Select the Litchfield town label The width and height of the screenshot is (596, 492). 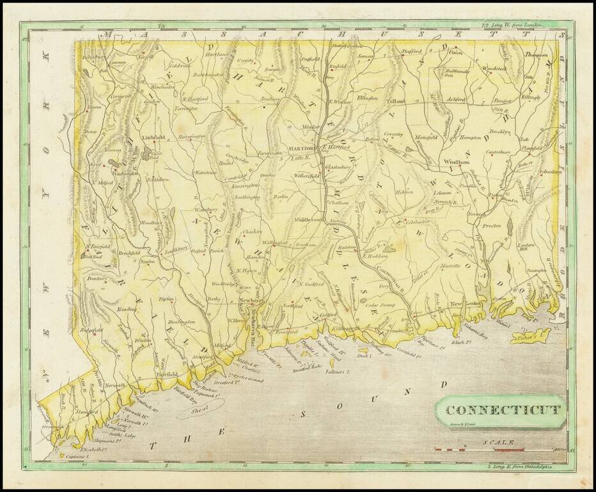tap(153, 137)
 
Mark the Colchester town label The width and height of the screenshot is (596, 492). tap(416, 222)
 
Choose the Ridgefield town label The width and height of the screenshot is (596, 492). tap(91, 330)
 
